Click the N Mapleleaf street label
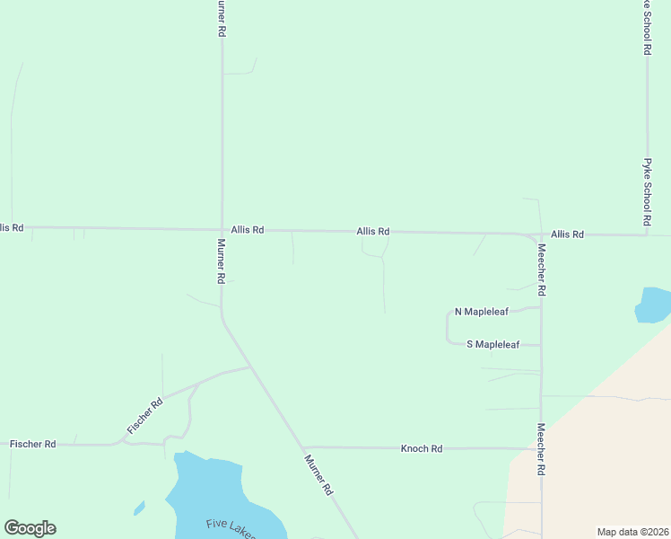tap(482, 312)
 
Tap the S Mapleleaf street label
tap(492, 344)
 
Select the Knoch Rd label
tap(422, 448)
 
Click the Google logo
tap(30, 528)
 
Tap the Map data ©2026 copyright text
tap(632, 531)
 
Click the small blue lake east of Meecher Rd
tap(652, 305)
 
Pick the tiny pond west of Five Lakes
tap(139, 508)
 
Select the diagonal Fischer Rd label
tap(144, 416)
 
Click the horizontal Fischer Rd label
tap(32, 444)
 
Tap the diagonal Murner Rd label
tap(318, 475)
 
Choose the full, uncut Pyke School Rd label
tap(646, 192)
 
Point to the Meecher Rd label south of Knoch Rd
tap(542, 449)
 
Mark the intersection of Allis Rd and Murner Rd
tap(222, 229)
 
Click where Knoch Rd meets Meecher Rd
tap(541, 447)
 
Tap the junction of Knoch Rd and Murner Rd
tap(303, 447)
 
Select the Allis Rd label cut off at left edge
tap(12, 228)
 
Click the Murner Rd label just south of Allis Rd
tap(220, 261)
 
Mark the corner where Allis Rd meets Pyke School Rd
tap(646, 235)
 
